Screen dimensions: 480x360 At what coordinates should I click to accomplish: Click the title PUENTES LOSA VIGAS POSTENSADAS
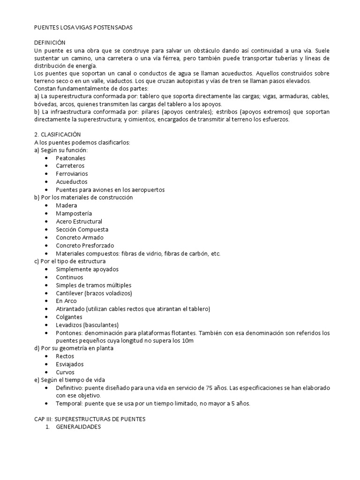tap(84, 28)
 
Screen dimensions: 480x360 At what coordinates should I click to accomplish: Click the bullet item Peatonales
tap(70, 158)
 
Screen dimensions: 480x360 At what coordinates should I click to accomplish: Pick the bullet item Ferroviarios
tap(72, 174)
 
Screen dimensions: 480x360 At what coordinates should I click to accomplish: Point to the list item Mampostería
tap(74, 213)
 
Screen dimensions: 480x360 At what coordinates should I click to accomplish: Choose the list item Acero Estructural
tap(79, 221)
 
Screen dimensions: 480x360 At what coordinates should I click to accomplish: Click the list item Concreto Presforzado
tap(85, 245)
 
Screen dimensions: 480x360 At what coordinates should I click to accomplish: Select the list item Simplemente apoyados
tap(87, 269)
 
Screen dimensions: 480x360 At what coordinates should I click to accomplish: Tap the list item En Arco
tap(66, 301)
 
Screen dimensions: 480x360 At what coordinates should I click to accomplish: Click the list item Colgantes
tap(69, 317)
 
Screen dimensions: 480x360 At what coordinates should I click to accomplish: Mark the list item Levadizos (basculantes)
tap(87, 325)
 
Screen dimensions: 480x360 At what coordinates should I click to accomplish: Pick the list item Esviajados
tap(70, 364)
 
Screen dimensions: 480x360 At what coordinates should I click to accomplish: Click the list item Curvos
tap(65, 372)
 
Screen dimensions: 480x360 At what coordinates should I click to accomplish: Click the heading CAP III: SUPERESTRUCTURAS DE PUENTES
tap(90, 420)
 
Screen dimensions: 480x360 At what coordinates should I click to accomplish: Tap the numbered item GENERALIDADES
tap(78, 427)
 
